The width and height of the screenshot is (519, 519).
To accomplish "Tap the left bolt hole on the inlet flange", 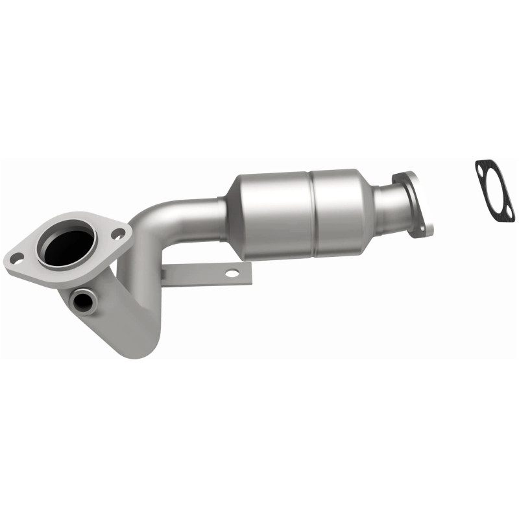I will (18, 258).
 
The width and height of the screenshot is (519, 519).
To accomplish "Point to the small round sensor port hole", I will (82, 300).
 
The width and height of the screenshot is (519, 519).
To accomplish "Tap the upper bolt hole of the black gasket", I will (481, 169).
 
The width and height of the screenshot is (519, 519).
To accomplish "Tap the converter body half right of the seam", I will (337, 208).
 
